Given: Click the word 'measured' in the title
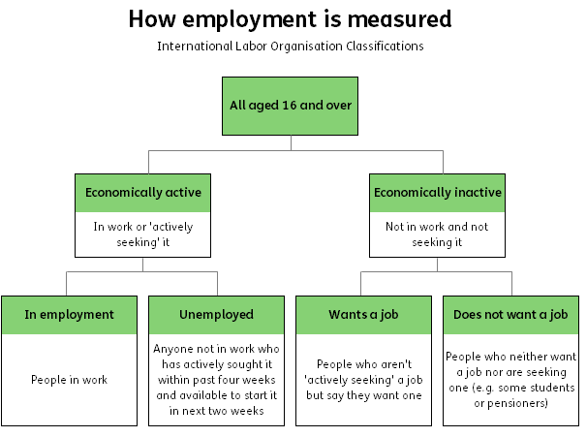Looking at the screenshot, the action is point(399,18).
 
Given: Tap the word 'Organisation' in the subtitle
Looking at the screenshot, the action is point(306,47).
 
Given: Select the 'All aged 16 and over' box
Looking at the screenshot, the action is point(291,106).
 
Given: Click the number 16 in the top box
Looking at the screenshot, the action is point(290,106).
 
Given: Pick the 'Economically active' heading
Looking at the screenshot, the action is point(143,193).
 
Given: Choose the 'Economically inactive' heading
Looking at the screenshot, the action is point(438,193).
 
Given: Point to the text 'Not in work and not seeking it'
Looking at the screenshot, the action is point(437,234).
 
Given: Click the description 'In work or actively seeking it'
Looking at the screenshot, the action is point(143,234).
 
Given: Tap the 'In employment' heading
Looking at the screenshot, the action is point(69,315).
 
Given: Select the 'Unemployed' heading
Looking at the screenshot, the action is point(216,315).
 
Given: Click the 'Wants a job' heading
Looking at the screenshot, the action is point(363,315).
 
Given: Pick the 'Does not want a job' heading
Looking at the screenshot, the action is point(510,315).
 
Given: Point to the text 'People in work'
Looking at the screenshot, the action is point(69,380).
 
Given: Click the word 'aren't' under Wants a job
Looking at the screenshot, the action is point(396,364).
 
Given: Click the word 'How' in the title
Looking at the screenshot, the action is point(152,18).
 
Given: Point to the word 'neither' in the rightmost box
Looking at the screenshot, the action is point(521,357).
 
